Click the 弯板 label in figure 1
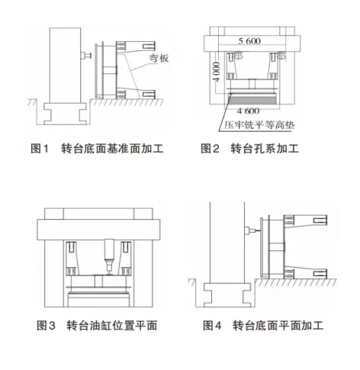coord(159,58)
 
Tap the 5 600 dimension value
coord(249,41)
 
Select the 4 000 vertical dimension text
coord(217,72)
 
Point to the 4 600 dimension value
coord(248,111)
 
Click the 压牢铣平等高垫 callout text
coord(259,125)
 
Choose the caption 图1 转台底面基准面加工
coord(97,149)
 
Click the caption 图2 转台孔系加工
coord(249,149)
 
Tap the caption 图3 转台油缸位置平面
coord(97,326)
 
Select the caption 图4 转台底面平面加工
coord(263,326)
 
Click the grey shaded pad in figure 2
coord(252,99)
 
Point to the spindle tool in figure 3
coord(110,256)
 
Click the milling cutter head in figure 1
coord(86,56)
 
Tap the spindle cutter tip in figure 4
coord(257,231)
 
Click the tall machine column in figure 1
coord(65,66)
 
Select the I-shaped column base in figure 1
coord(65,114)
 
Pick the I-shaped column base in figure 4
coord(227,295)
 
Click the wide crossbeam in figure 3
coord(98,230)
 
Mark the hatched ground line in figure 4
coord(295,282)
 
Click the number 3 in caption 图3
coord(51,326)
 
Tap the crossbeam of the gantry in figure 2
coord(252,43)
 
